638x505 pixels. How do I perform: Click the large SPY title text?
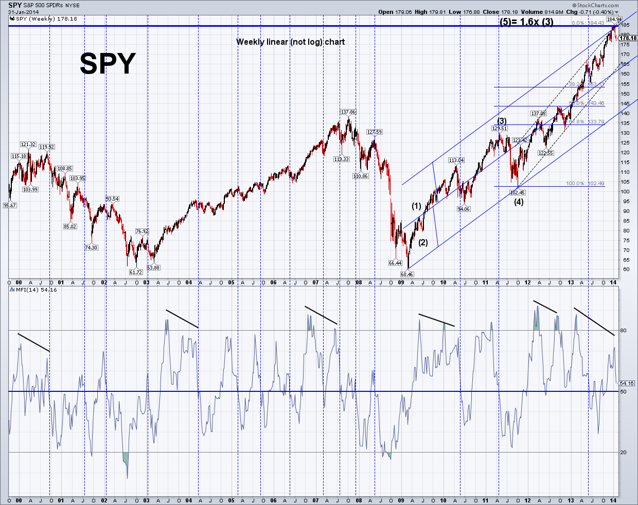[108, 64]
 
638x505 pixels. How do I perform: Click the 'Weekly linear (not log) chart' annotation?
[290, 42]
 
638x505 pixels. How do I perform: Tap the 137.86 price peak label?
[348, 112]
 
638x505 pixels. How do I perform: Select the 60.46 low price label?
[406, 274]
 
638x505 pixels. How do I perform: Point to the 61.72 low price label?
[135, 272]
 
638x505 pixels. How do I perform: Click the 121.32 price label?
[28, 145]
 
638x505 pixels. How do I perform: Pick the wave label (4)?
[519, 202]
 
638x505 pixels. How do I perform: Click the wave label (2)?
[423, 243]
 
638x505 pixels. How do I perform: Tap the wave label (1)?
[416, 206]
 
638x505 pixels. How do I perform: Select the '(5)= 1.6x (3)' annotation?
[526, 22]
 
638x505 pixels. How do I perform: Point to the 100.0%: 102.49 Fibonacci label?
[585, 184]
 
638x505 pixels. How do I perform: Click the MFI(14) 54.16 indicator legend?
[34, 290]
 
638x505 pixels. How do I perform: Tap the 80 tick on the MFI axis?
[623, 330]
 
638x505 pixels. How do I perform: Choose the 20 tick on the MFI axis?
[623, 453]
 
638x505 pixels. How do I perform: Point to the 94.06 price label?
[464, 209]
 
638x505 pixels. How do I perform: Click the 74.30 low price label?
[91, 247]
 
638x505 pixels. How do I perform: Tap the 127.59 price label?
[374, 132]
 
